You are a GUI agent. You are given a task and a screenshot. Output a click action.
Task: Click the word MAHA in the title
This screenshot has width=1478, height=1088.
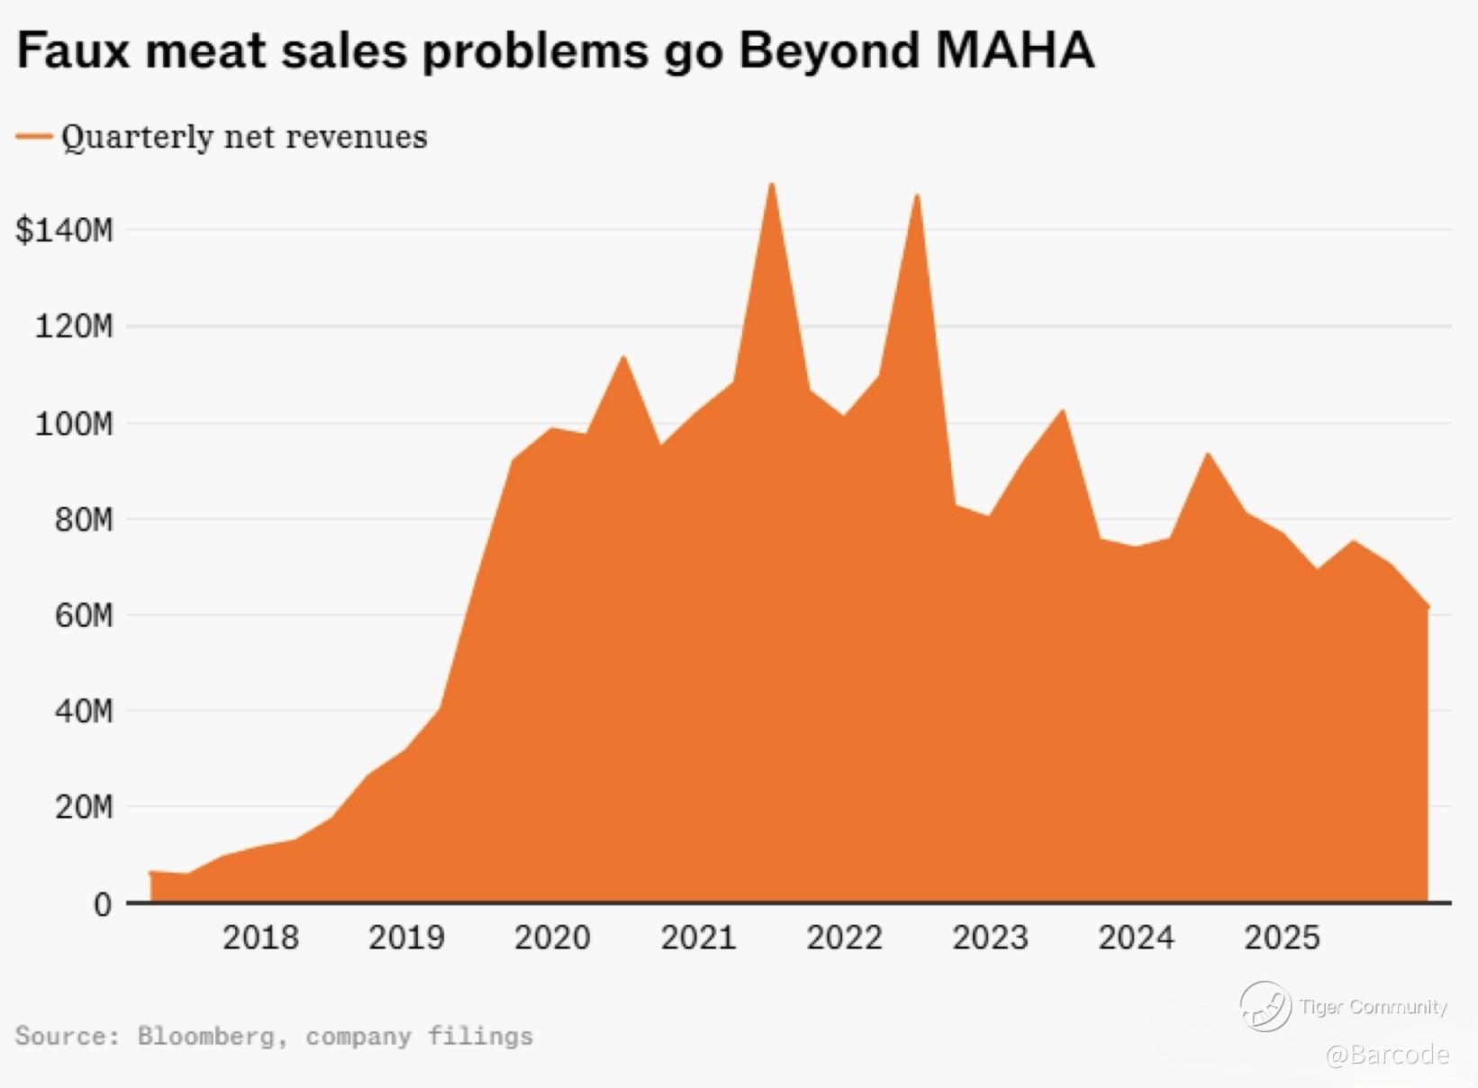1014,50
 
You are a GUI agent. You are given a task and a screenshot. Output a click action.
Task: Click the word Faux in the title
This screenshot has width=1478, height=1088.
71,50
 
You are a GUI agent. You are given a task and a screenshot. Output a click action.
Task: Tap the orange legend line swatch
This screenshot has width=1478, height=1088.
34,136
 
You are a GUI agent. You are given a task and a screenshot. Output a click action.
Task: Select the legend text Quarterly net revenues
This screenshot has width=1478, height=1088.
244,137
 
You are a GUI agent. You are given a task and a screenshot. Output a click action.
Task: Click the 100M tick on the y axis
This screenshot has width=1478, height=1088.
74,423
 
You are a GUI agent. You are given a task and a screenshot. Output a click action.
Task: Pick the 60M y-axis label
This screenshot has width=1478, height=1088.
83,616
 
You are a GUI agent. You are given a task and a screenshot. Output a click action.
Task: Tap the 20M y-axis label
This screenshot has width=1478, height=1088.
83,808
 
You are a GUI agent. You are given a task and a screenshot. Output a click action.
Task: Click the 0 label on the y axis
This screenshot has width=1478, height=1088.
103,904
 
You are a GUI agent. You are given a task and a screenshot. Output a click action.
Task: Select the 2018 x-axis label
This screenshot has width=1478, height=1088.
260,938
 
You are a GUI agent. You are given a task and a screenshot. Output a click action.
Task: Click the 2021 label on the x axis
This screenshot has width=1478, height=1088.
698,938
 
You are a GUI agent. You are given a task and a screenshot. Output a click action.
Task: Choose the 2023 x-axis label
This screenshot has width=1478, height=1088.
990,938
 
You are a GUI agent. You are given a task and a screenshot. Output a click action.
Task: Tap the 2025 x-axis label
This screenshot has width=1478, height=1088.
1282,938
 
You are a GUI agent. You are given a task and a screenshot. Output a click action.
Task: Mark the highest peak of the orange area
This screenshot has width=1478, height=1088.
771,185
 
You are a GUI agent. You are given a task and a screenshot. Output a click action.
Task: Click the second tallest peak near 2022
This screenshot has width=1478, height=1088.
917,195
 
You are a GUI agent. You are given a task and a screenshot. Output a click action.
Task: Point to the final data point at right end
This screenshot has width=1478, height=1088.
1428,607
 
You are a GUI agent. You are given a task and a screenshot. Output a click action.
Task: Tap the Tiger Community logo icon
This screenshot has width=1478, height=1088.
1265,1006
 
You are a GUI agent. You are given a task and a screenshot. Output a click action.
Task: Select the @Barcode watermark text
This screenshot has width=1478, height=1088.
1388,1054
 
